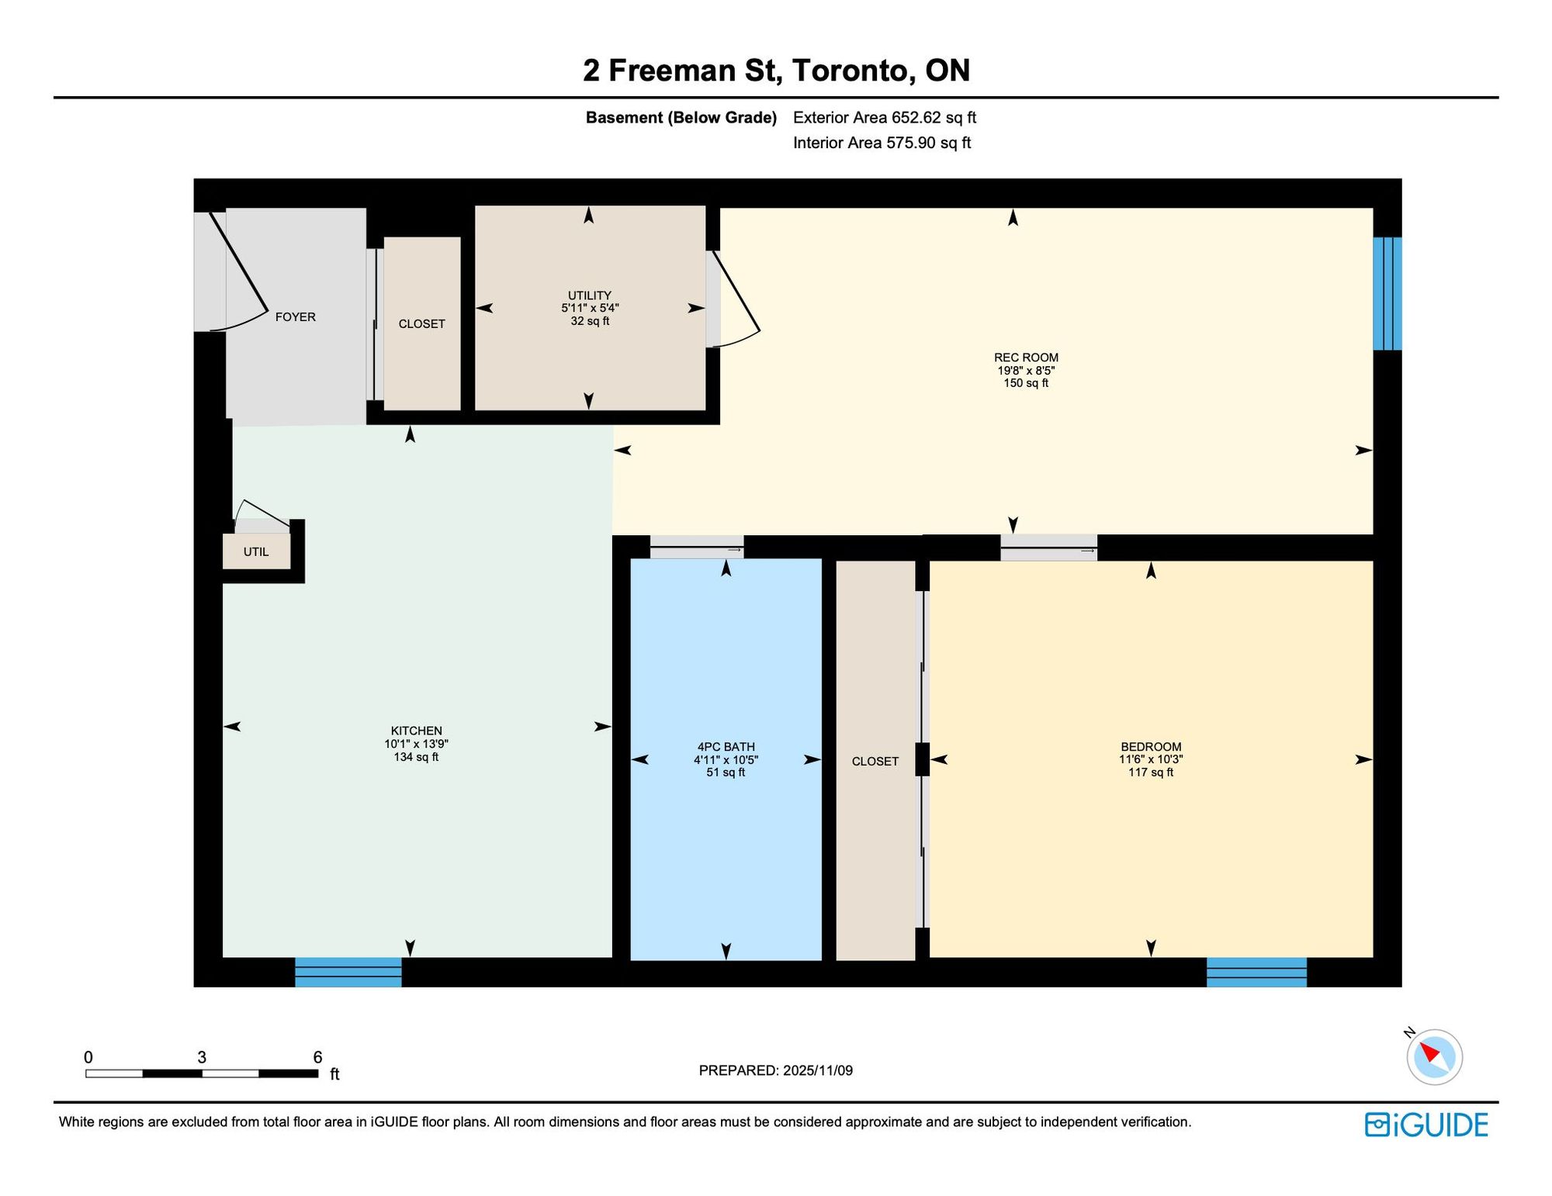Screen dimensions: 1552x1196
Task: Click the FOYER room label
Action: click(x=296, y=316)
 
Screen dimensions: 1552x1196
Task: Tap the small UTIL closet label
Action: click(x=256, y=551)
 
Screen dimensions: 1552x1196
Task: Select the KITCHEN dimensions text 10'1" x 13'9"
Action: click(x=417, y=744)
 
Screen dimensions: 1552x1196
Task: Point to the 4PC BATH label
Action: click(x=726, y=747)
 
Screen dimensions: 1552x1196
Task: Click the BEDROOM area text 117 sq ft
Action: click(x=1151, y=773)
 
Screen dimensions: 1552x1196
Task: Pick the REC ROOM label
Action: click(x=1026, y=358)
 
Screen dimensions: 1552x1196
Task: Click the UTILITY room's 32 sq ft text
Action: click(x=590, y=321)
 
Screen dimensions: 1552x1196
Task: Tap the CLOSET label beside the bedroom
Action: click(x=875, y=762)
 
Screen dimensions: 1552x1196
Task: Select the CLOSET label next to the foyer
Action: click(x=422, y=324)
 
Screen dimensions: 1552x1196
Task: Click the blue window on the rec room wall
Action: click(x=1387, y=294)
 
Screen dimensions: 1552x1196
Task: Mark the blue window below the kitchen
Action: click(x=348, y=972)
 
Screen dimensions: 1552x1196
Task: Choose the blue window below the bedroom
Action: click(x=1256, y=972)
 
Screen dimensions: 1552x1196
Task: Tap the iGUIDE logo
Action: click(x=1426, y=1125)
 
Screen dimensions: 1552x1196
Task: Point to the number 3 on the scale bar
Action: click(x=202, y=1057)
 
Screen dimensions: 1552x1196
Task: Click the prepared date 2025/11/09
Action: click(x=818, y=1070)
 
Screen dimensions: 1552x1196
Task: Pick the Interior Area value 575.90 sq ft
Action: click(x=929, y=143)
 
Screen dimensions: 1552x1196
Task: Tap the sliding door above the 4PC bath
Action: click(x=697, y=547)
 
